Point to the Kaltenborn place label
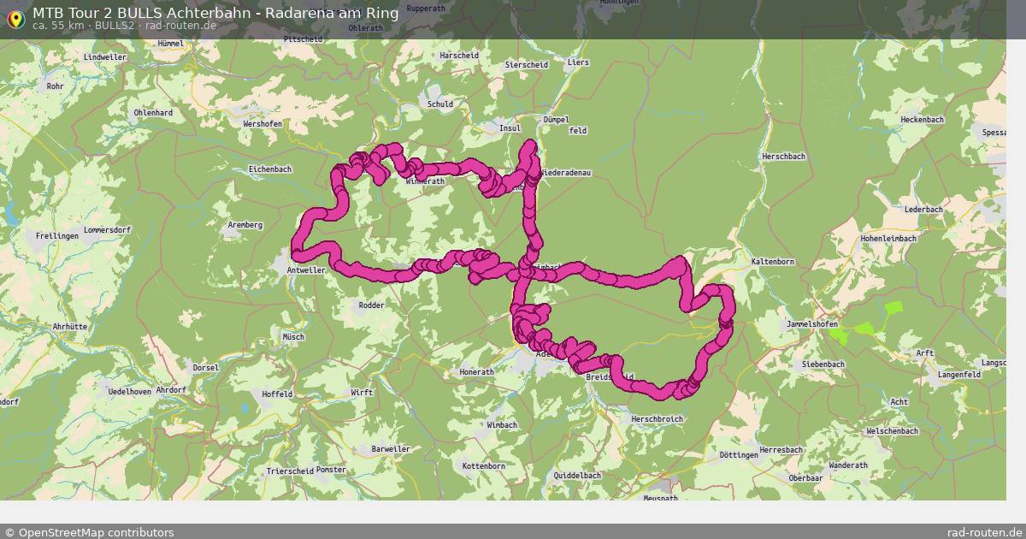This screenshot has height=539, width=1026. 773,261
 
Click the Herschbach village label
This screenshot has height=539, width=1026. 784,157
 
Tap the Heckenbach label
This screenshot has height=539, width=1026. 922,120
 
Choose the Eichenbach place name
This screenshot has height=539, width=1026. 270,169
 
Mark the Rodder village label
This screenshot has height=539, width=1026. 371,305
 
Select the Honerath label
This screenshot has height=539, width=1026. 477,372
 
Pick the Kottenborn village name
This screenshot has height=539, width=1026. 483,466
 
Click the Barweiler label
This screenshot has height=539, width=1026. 391,448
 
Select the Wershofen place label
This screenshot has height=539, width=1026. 262,123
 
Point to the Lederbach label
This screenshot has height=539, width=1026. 923,209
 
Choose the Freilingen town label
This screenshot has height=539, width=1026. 56,235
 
